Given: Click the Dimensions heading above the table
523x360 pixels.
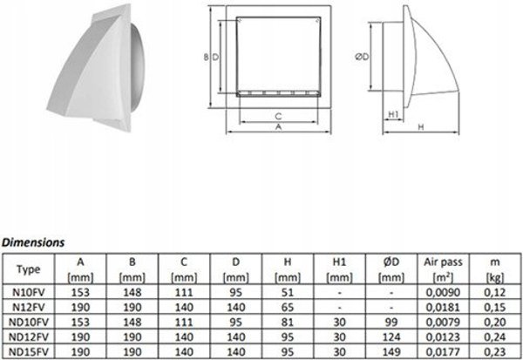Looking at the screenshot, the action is point(33,242).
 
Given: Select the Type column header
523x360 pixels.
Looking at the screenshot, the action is point(29,269).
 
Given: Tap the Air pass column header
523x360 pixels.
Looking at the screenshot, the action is point(443,262).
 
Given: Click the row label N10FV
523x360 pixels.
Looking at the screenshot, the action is point(29,292).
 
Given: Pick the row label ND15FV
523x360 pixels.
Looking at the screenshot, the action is point(29,351).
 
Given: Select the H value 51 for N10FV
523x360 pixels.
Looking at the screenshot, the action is point(288,292).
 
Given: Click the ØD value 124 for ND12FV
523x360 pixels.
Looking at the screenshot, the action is point(391,337).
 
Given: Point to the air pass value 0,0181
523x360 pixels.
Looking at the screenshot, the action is point(443,308).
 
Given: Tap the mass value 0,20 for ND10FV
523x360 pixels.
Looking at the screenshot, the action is point(495,322).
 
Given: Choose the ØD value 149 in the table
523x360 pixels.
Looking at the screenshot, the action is point(391,351).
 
